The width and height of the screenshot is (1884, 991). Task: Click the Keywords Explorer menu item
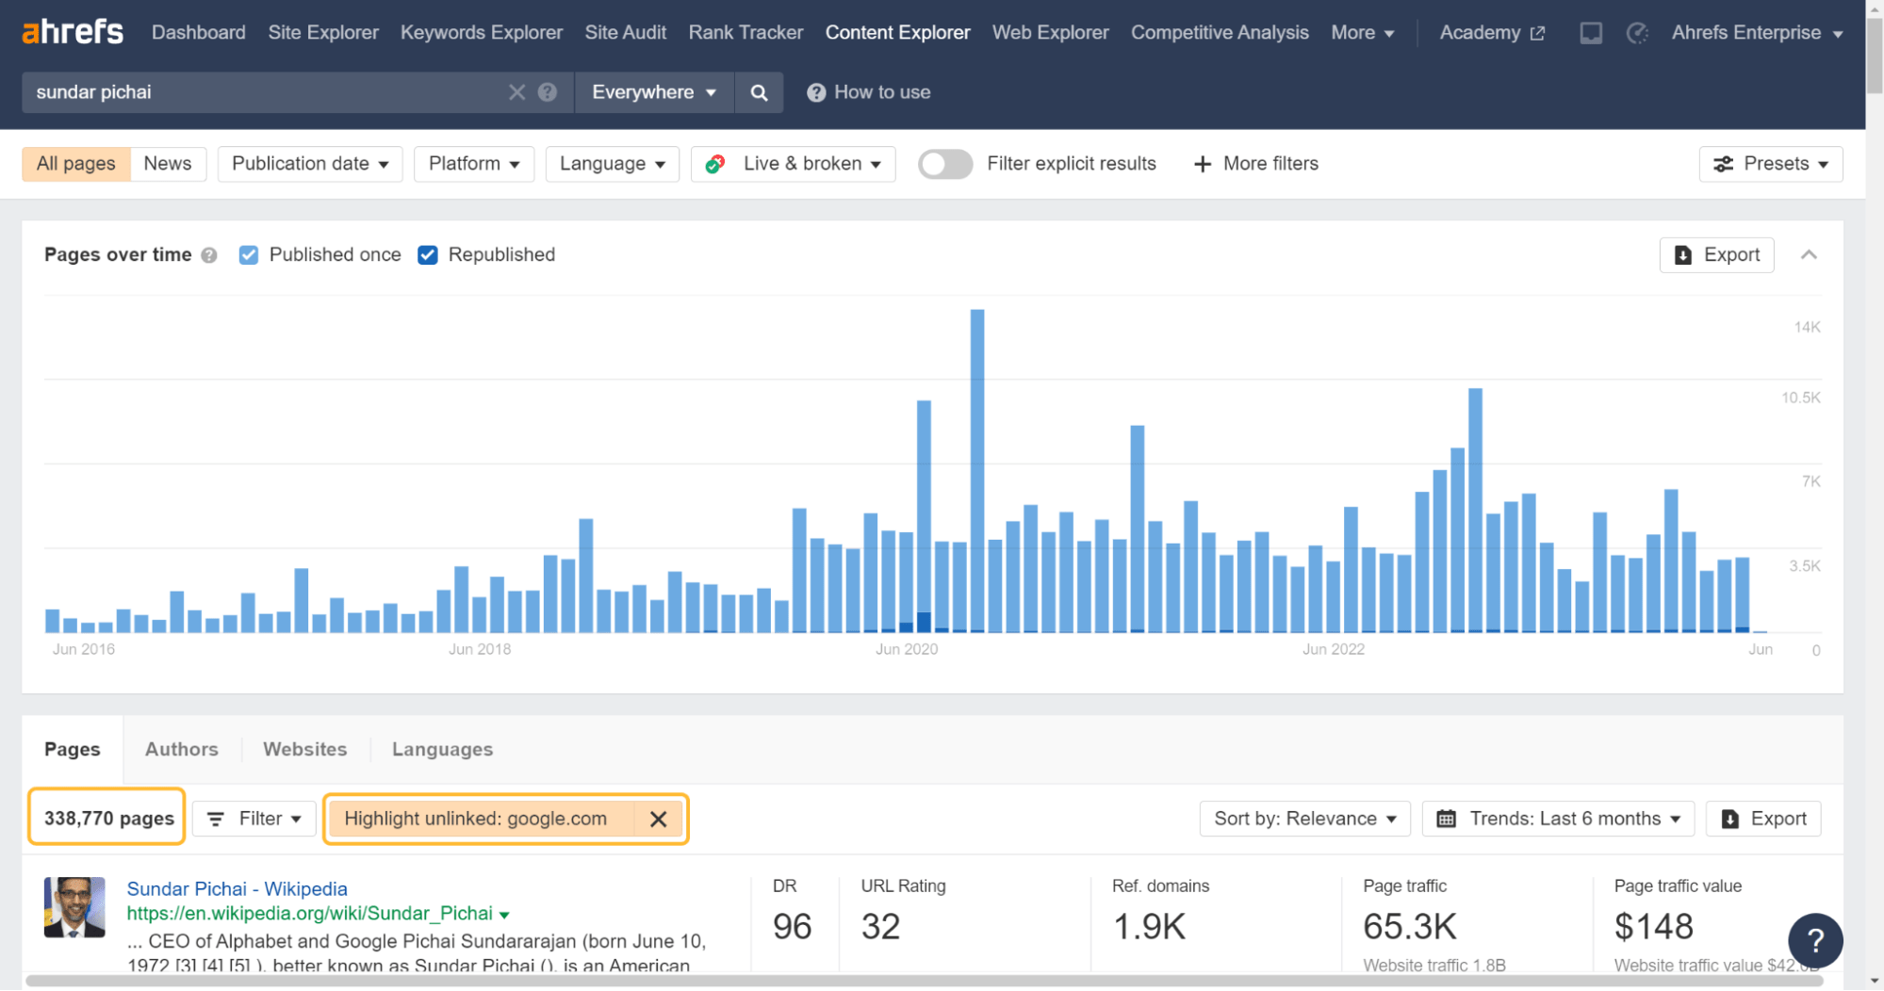point(481,33)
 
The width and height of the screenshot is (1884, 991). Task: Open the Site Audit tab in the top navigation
point(625,33)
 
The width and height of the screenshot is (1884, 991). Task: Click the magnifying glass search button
point(759,92)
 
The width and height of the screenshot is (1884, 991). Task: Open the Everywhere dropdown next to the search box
point(653,92)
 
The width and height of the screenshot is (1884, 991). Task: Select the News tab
point(168,164)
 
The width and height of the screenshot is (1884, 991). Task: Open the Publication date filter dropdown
point(309,164)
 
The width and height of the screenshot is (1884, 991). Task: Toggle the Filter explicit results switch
point(945,164)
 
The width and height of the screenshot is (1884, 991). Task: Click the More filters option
point(1256,164)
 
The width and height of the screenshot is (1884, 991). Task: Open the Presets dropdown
point(1770,164)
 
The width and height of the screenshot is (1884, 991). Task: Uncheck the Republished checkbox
point(428,255)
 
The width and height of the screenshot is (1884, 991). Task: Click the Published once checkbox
point(249,255)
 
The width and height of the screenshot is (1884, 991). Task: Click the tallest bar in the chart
point(977,471)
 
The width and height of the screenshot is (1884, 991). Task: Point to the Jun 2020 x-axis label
point(906,649)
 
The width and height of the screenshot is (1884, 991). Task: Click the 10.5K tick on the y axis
point(1800,398)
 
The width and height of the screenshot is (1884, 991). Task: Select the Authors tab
point(181,749)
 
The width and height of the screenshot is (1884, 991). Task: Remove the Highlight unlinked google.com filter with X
point(658,820)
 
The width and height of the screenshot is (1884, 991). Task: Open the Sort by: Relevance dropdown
point(1304,819)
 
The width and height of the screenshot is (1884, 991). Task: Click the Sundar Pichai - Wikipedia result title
point(237,888)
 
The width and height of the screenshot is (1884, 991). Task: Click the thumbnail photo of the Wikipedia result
point(74,907)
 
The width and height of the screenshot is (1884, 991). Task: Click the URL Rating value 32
point(880,927)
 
